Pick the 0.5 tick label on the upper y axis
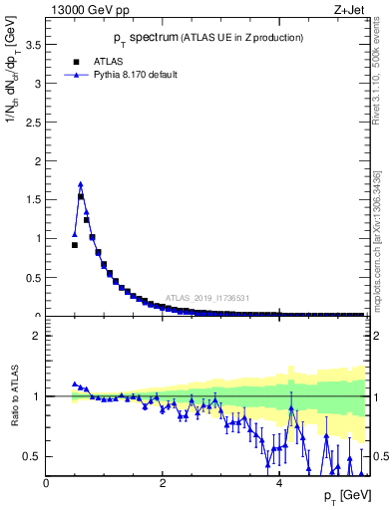coord(34,277)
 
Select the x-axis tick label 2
coord(162,483)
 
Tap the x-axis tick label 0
coord(46,483)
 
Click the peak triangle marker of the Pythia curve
coord(81,184)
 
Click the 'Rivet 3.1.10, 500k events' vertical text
coord(380,72)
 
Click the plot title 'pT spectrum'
coord(142,38)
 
